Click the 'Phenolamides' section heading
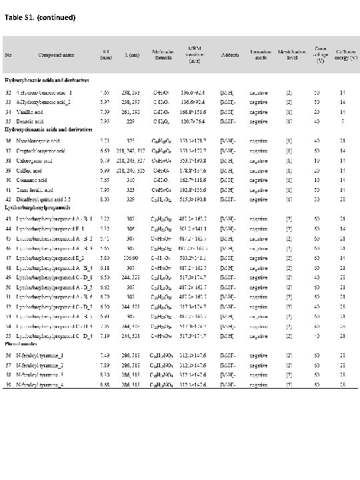click(x=21, y=345)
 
